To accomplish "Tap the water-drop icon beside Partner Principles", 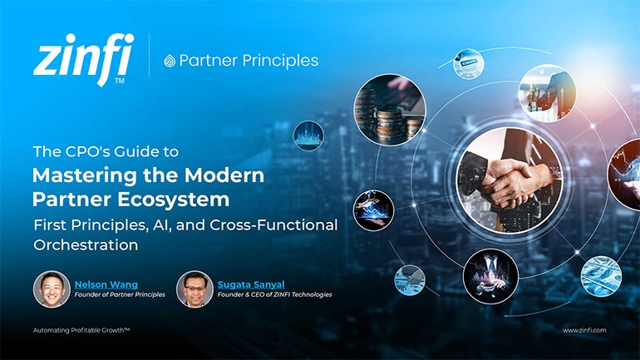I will point(170,61).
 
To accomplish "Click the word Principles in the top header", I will point(279,61).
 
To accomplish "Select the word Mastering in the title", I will point(79,175).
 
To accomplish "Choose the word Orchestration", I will point(85,245).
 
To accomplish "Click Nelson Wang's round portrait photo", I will point(52,288).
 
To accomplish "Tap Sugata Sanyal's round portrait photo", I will point(194,288).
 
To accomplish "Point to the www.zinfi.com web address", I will point(584,330).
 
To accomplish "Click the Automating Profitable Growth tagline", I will point(81,330).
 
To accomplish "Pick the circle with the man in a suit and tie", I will point(490,274).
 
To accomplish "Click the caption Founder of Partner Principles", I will point(120,294).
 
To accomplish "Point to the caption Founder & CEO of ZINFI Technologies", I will point(273,294).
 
